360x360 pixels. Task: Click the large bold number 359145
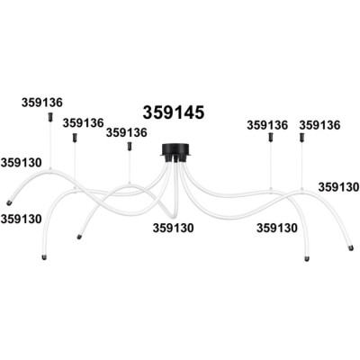pyautogui.click(x=174, y=112)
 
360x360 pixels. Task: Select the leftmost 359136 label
pyautogui.click(x=42, y=103)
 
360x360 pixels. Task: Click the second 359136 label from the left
pyautogui.click(x=83, y=122)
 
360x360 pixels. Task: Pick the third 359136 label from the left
pyautogui.click(x=127, y=132)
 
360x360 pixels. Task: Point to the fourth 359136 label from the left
pyautogui.click(x=267, y=125)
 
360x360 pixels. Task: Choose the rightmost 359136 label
pyautogui.click(x=319, y=125)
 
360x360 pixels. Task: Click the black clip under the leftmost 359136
pyautogui.click(x=50, y=117)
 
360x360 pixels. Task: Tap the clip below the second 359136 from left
pyautogui.click(x=75, y=138)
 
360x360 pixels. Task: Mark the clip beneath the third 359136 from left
pyautogui.click(x=130, y=146)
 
